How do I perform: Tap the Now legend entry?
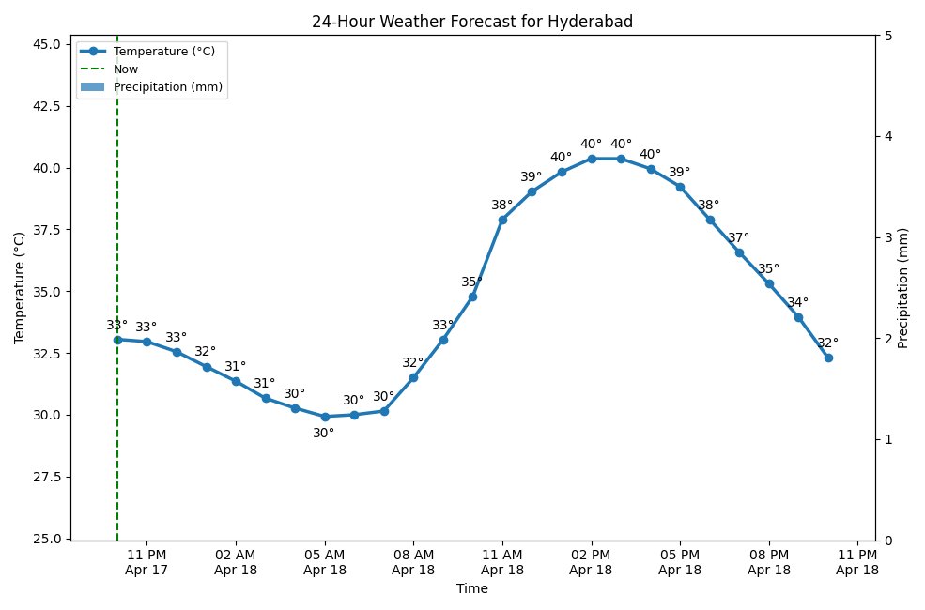126,69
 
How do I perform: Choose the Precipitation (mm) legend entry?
167,86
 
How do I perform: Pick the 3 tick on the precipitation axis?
887,237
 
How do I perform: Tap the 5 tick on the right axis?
887,36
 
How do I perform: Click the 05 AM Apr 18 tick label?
324,561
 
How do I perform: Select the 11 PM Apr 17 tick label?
146,561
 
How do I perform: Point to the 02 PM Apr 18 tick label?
591,561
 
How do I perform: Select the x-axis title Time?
471,588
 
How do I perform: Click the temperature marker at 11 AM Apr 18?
502,220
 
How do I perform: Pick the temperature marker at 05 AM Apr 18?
325,417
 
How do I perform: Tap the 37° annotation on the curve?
739,238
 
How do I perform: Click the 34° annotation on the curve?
797,303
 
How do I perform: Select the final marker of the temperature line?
828,358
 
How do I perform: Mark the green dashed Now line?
117,450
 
